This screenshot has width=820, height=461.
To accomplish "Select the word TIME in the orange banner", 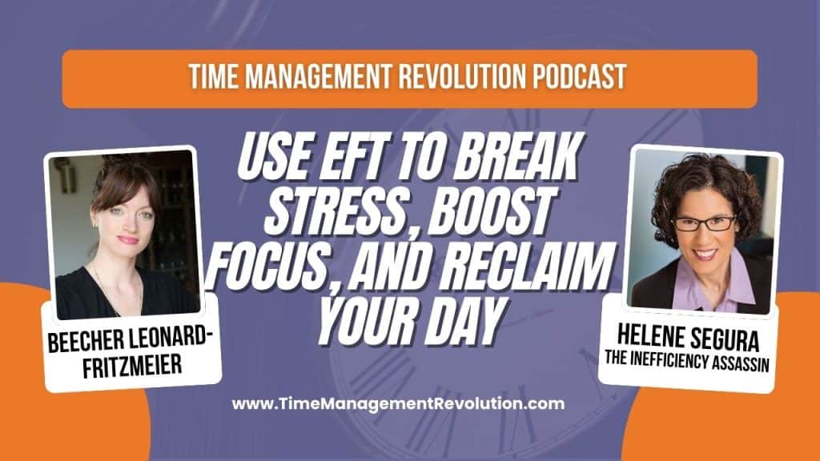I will tap(214, 78).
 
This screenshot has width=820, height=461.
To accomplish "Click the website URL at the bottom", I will tap(398, 403).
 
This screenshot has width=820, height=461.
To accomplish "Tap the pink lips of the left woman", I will tap(127, 239).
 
